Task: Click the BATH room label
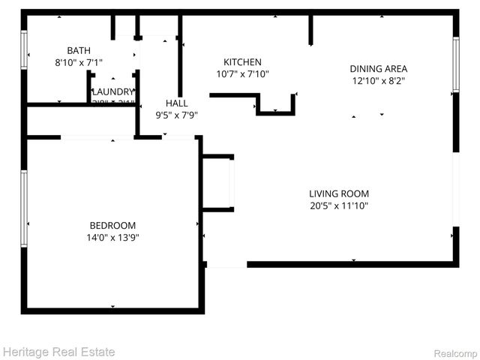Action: pyautogui.click(x=79, y=50)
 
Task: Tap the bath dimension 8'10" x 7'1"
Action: pyautogui.click(x=79, y=63)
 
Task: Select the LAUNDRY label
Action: pyautogui.click(x=112, y=91)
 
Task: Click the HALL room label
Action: pyautogui.click(x=177, y=103)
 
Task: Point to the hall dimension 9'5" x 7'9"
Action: pyautogui.click(x=177, y=115)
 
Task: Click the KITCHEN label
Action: pyautogui.click(x=242, y=61)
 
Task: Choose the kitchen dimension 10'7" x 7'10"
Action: pyautogui.click(x=242, y=73)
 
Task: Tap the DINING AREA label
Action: pyautogui.click(x=379, y=68)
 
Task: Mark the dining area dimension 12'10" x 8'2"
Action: pyautogui.click(x=379, y=80)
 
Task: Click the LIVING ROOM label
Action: pyautogui.click(x=339, y=193)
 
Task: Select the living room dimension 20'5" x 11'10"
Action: pyautogui.click(x=339, y=205)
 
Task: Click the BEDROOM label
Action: pyautogui.click(x=112, y=225)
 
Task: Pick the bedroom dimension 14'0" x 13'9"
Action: pyautogui.click(x=112, y=237)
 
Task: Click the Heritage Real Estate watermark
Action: pyautogui.click(x=58, y=351)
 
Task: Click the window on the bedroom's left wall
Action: pyautogui.click(x=24, y=208)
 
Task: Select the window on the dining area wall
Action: pyautogui.click(x=455, y=64)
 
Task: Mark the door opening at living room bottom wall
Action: pyautogui.click(x=226, y=265)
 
